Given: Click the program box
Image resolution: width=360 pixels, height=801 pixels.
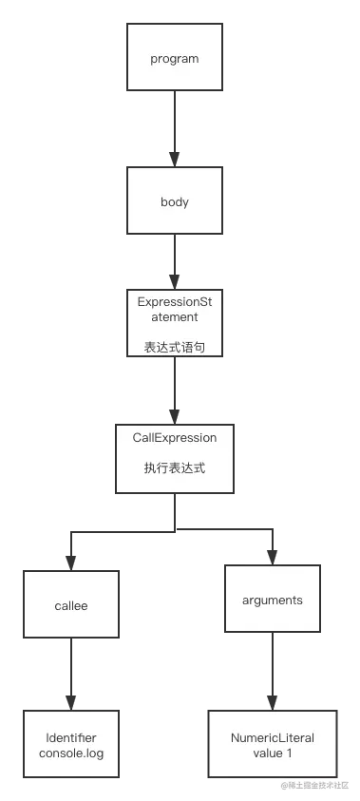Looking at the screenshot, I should pyautogui.click(x=175, y=57).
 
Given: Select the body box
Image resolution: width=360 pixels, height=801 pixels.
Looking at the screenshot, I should pyautogui.click(x=175, y=200).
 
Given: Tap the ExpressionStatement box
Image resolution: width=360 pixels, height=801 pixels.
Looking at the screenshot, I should pyautogui.click(x=175, y=322).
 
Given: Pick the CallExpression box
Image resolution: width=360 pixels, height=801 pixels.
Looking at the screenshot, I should pyautogui.click(x=175, y=457).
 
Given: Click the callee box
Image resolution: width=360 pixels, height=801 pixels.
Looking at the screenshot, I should pyautogui.click(x=71, y=604).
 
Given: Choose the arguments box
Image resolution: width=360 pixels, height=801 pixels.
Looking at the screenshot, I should pyautogui.click(x=272, y=599).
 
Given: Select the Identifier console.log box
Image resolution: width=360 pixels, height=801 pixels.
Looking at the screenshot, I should pyautogui.click(x=71, y=745).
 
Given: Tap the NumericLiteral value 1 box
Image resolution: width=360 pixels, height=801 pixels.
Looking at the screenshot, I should pyautogui.click(x=272, y=744).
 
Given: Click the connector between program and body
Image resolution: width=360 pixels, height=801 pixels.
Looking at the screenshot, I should pyautogui.click(x=175, y=128).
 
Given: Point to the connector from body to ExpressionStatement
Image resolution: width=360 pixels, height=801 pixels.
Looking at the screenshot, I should pyautogui.click(x=175, y=261).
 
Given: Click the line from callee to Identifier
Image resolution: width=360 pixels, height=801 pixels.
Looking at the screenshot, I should pyautogui.click(x=71, y=672).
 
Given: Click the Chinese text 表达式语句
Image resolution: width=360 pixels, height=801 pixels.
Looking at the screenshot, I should pyautogui.click(x=175, y=348).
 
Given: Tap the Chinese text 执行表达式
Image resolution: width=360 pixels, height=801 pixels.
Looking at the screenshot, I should pyautogui.click(x=175, y=467).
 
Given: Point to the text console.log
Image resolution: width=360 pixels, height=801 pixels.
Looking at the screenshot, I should pyautogui.click(x=71, y=753).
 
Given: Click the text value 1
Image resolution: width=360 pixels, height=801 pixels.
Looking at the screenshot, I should pyautogui.click(x=272, y=753).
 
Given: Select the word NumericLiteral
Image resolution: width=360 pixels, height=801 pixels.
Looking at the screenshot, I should pyautogui.click(x=272, y=737).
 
